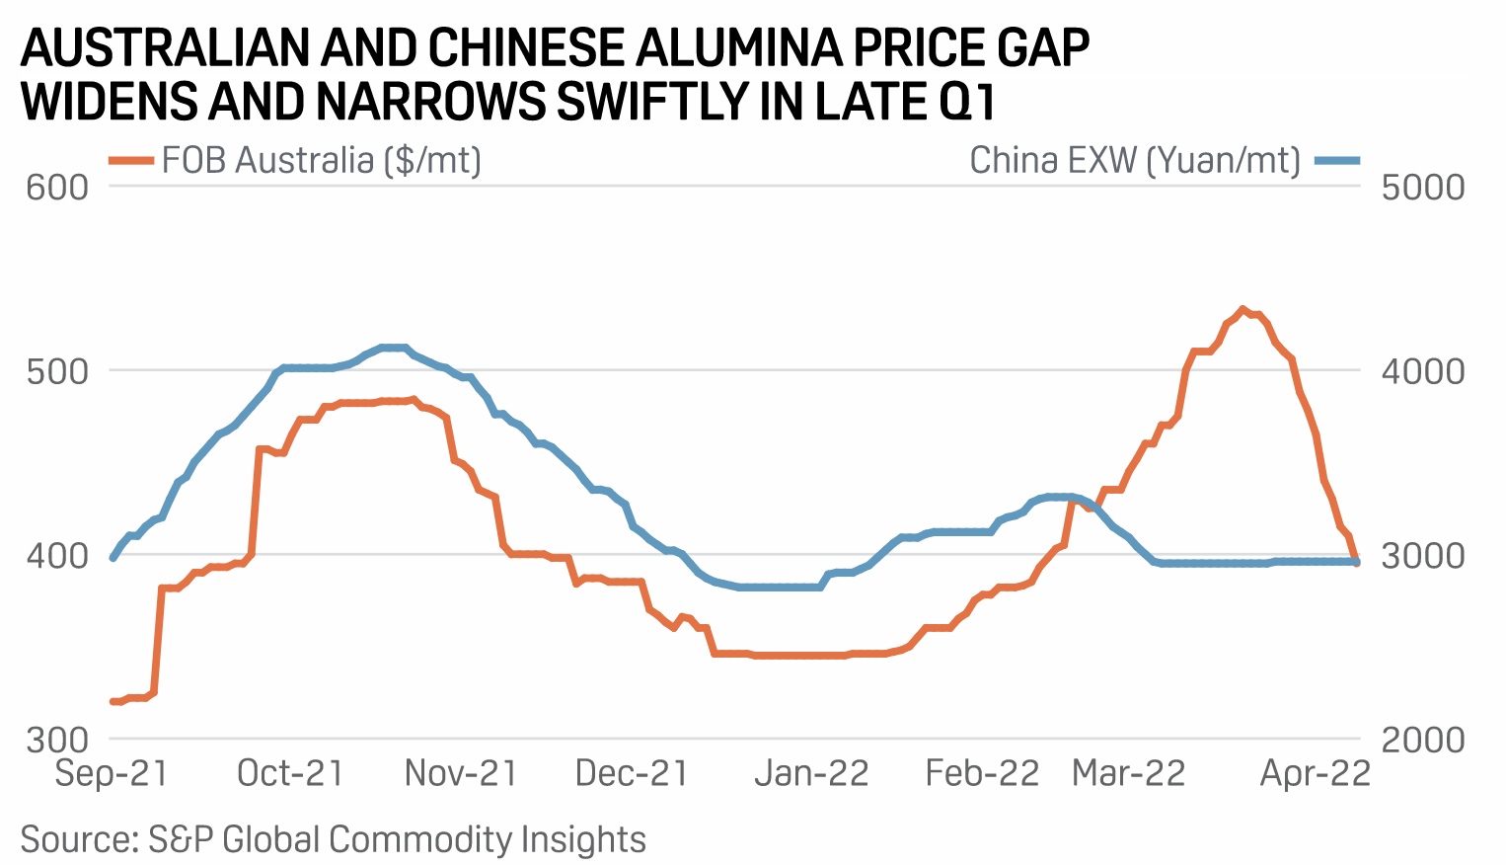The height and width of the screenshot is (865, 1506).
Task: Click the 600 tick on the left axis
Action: point(57,187)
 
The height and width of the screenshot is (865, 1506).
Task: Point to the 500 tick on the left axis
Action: point(57,371)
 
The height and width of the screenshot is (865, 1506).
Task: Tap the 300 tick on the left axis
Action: point(57,740)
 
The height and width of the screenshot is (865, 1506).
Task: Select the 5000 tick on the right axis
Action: point(1422,187)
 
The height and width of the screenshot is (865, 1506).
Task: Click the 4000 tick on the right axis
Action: point(1422,371)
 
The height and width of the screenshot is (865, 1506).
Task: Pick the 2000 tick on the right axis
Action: point(1422,740)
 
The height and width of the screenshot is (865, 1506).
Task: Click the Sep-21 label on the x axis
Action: point(112,773)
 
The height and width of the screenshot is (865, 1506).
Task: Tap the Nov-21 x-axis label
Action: point(461,773)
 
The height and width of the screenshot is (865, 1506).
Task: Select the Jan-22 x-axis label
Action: point(811,773)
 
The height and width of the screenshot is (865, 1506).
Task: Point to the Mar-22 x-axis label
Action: point(1128,773)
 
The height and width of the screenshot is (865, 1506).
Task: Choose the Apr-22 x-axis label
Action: point(1316,773)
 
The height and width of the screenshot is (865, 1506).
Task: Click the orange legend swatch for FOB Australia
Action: point(130,160)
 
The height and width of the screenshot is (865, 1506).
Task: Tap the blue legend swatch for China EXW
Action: point(1337,160)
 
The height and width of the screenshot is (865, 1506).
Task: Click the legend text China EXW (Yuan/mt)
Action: point(1135,160)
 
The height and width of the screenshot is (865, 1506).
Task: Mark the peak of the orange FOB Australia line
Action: point(1242,309)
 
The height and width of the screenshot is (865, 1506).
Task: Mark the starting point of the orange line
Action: point(113,701)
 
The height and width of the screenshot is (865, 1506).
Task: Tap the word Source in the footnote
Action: point(77,839)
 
